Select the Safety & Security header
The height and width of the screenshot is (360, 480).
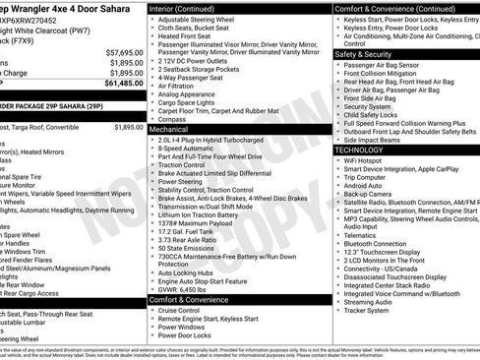coord(365,54)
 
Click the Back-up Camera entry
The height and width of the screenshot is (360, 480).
coord(368,194)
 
